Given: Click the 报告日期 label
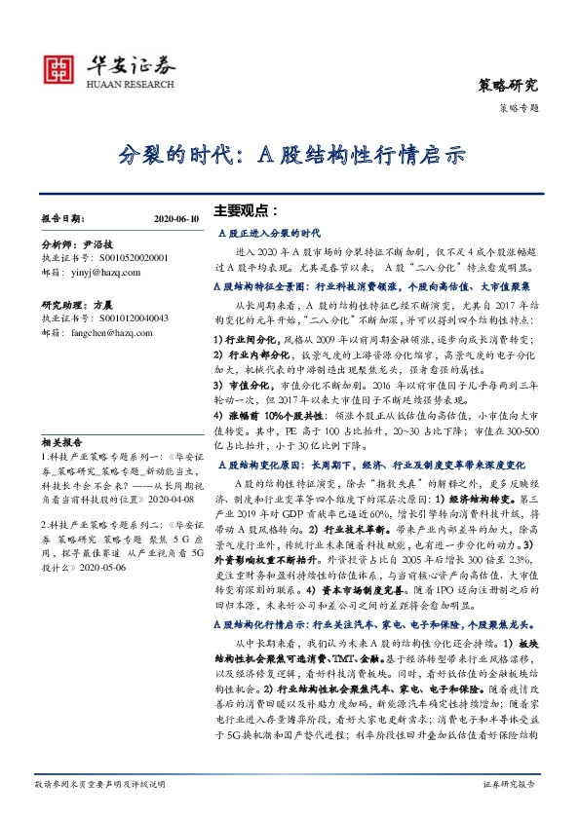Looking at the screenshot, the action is (x=64, y=221).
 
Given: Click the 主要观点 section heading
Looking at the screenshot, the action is (x=246, y=209).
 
